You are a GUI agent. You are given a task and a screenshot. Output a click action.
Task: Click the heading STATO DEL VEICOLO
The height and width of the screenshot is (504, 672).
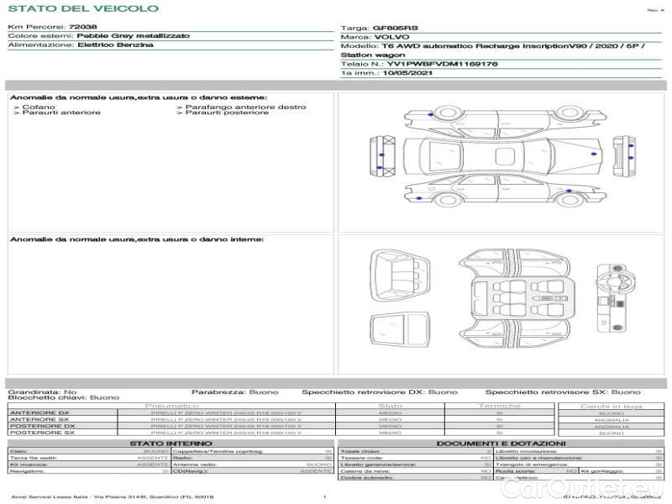point(82,8)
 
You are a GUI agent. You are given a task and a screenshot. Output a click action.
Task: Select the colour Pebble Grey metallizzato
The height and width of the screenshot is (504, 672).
point(133,36)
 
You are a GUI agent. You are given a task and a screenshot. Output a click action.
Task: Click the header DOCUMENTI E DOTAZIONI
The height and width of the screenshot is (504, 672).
point(501,444)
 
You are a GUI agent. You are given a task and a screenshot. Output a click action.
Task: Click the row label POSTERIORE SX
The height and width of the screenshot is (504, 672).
point(42,433)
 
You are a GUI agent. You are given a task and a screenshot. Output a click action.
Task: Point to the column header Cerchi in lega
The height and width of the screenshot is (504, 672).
point(611,406)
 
